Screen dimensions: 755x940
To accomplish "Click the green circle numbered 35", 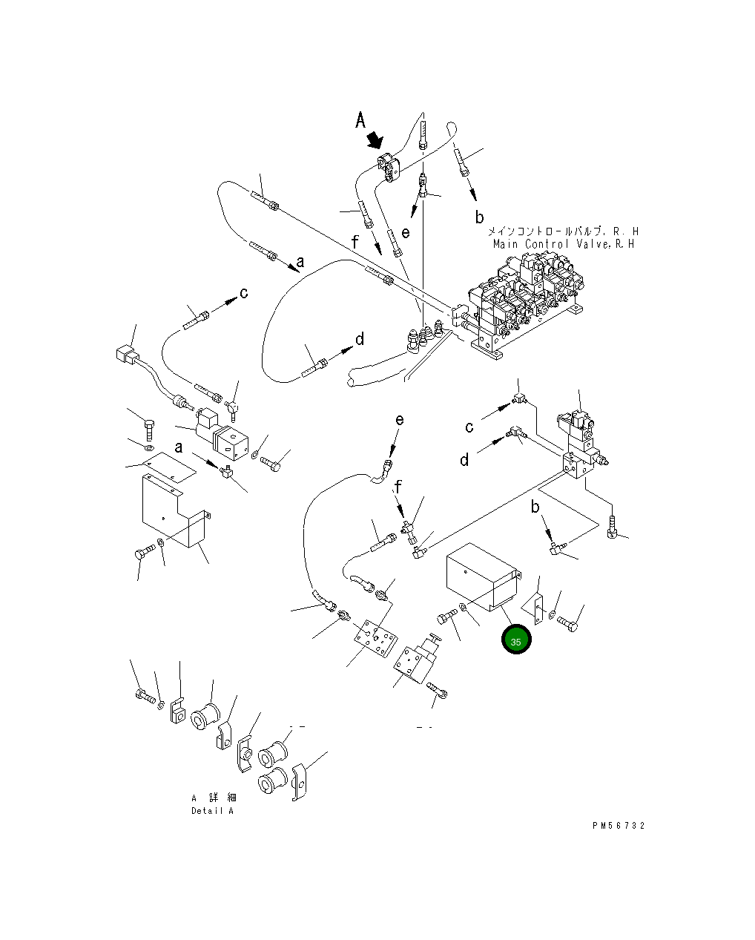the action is click(515, 639).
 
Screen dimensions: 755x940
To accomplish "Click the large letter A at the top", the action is click(360, 120).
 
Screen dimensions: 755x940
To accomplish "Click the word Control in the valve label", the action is click(547, 244).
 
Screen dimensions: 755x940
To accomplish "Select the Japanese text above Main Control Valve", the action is click(563, 231).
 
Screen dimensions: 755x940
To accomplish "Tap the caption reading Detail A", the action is click(212, 811).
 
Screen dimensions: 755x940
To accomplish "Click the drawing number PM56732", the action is click(619, 825).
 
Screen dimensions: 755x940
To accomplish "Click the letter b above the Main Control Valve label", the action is click(479, 217).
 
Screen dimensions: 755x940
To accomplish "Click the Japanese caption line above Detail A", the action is click(214, 798).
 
